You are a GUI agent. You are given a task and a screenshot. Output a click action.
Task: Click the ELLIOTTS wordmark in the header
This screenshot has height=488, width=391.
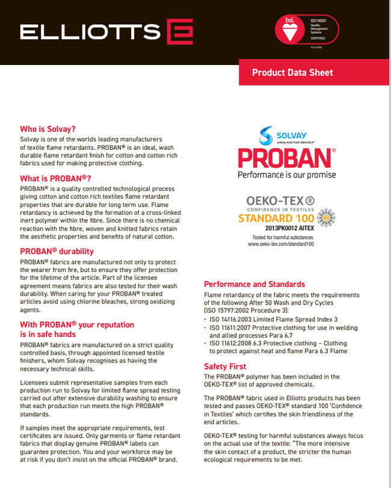[x=90, y=31]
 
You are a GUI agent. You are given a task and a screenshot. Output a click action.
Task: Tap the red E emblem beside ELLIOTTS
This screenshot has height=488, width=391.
[x=179, y=31]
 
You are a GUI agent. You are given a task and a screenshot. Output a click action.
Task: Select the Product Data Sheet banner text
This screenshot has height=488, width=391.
[x=292, y=73]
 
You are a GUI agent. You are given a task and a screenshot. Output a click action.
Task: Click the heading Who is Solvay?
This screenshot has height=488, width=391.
[x=48, y=129]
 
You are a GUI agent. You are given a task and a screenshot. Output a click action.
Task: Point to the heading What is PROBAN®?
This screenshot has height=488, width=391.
[x=55, y=179]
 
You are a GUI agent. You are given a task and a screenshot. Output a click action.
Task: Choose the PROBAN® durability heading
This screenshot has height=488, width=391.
[x=57, y=251]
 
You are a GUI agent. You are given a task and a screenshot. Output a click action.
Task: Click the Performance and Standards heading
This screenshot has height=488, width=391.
[x=254, y=284]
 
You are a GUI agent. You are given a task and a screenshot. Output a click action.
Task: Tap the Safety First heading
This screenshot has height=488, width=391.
[x=225, y=366]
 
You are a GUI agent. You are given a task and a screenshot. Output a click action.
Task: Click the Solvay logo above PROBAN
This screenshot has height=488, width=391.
[x=283, y=135]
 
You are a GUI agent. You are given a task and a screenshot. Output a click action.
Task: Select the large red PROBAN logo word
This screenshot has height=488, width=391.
[x=285, y=158]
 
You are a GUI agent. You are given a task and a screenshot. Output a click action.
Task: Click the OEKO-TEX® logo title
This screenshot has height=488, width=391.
[x=280, y=200]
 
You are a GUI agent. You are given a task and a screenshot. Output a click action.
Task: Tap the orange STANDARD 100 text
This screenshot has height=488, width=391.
[x=276, y=218]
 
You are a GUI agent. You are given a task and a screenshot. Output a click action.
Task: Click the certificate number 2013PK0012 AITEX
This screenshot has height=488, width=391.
[x=289, y=229]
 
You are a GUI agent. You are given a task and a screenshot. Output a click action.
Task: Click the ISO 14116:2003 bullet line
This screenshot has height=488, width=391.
[x=274, y=319]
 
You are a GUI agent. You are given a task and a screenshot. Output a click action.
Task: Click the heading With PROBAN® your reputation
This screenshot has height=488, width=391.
[x=77, y=325]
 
